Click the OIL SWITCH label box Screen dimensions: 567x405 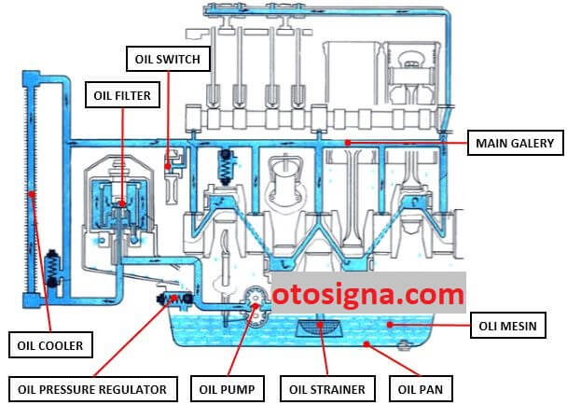(168, 59)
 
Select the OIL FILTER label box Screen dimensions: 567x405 (122, 95)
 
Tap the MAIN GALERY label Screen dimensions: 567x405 (515, 143)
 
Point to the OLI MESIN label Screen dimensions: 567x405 (507, 326)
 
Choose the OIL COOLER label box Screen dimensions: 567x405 (50, 345)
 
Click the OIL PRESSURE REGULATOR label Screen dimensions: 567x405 (92, 389)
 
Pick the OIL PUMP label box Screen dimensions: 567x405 (228, 389)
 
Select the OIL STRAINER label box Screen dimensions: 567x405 (327, 389)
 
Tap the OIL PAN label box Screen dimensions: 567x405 (421, 389)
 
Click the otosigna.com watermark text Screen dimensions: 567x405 (368, 294)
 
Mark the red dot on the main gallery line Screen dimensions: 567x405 (348, 143)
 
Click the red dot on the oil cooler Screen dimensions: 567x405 (33, 194)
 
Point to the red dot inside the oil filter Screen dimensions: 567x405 (122, 203)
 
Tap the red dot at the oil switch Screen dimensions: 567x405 (168, 166)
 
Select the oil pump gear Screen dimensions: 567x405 (256, 306)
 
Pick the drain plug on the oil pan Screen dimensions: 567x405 (403, 345)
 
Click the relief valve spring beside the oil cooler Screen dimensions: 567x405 (53, 269)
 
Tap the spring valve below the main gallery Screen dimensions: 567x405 (226, 167)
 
